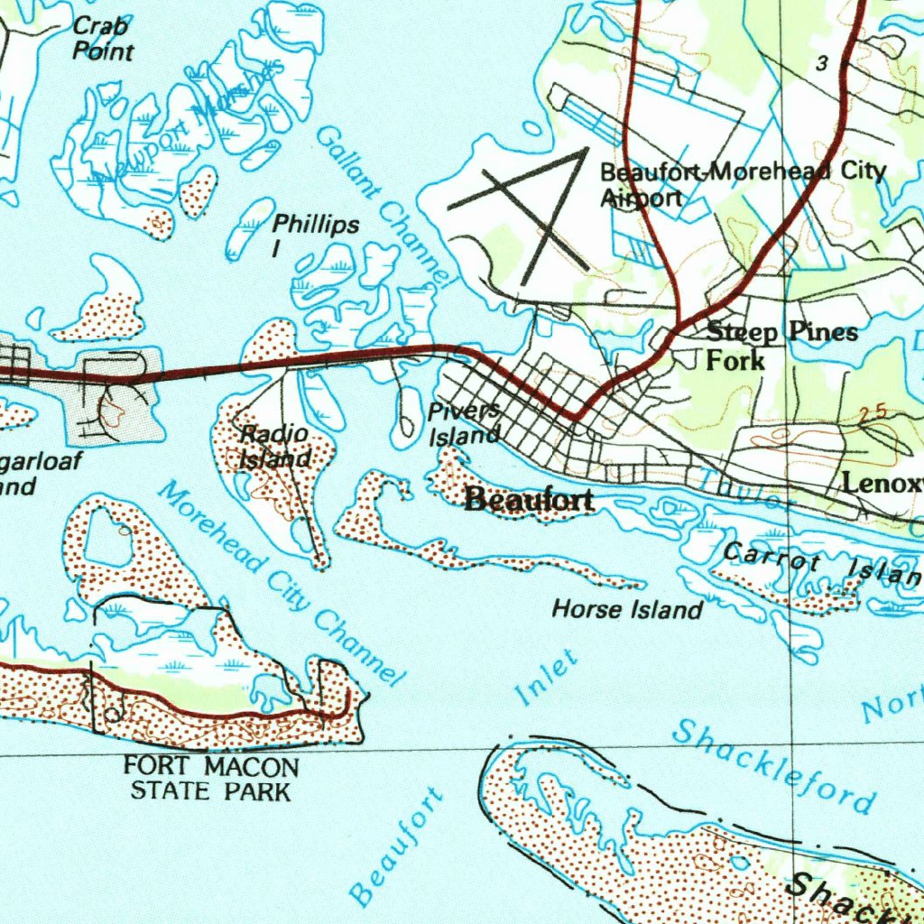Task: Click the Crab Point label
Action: (x=102, y=38)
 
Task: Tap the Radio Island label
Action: (x=274, y=447)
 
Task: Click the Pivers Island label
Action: (x=464, y=424)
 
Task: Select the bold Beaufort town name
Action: (x=529, y=500)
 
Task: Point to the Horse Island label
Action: (x=627, y=610)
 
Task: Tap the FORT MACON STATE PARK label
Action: (x=211, y=779)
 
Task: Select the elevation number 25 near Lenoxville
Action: (x=873, y=413)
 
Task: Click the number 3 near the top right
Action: (x=821, y=63)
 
